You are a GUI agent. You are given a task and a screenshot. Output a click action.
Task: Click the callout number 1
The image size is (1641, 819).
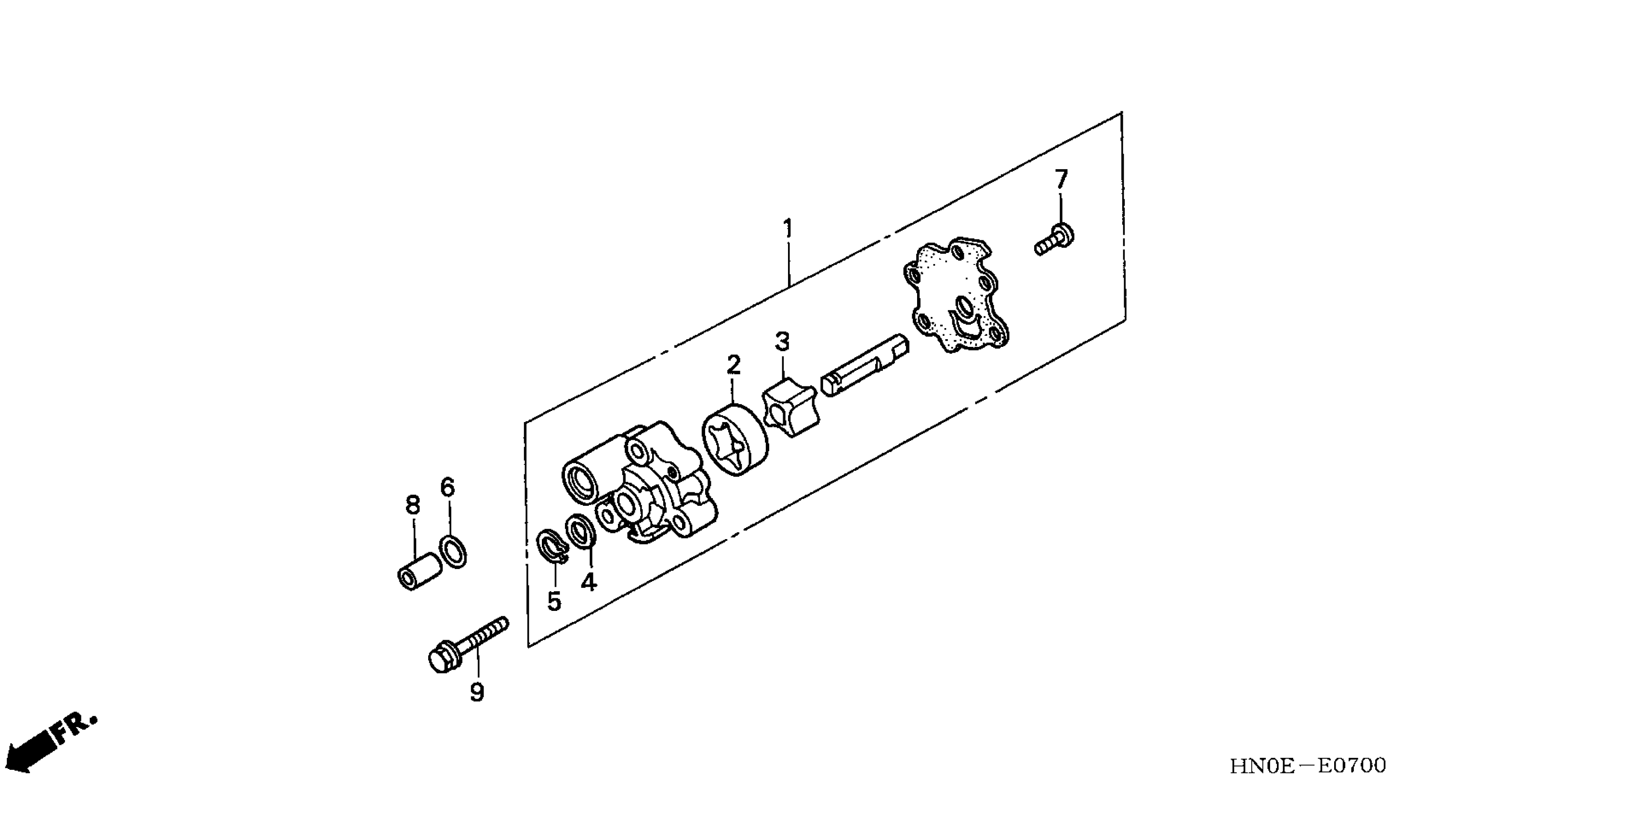coord(788,229)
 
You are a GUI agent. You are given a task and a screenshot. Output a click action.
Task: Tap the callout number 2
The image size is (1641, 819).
coord(734,366)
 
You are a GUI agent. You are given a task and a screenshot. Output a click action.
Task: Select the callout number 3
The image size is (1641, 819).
coord(782,342)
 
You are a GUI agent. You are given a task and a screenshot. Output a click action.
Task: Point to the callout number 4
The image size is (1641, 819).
coord(589,581)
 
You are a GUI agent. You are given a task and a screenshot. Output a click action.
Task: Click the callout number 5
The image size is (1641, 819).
coord(554,601)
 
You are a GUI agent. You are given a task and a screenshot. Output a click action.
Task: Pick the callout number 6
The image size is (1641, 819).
coord(448,488)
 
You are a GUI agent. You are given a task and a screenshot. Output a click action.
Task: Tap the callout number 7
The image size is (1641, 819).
coord(1061,180)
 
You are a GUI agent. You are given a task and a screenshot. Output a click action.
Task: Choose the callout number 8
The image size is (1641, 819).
coord(413,505)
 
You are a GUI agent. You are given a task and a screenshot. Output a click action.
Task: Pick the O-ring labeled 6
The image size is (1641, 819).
coord(453,551)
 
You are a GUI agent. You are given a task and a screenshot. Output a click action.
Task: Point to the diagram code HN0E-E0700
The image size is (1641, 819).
coord(1307,766)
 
